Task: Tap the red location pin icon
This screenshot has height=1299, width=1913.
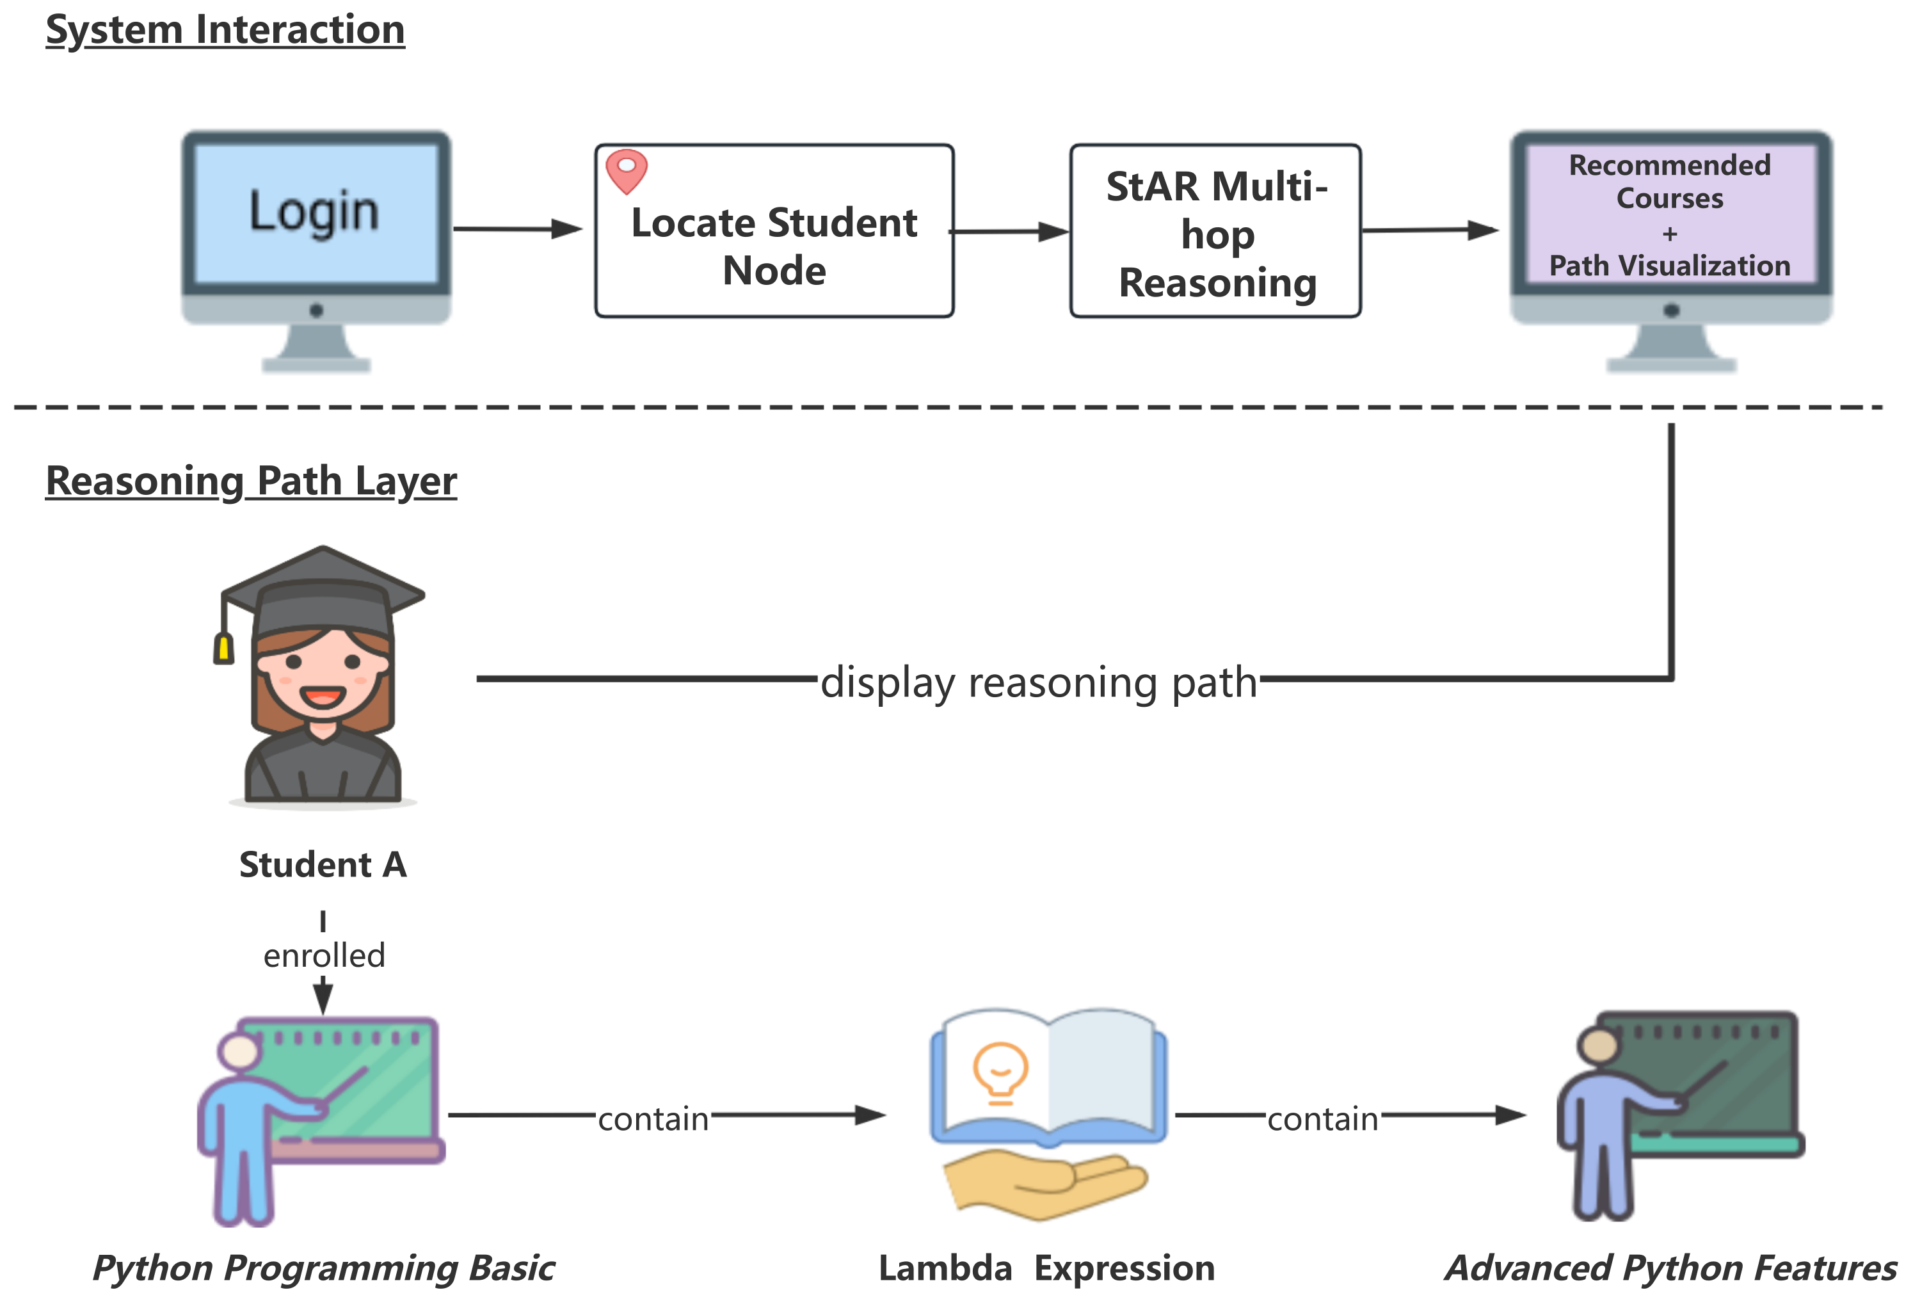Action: tap(627, 170)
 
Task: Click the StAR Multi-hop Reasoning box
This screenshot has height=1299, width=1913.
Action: tap(1216, 234)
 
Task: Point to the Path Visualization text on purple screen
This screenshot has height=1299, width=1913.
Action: tap(1669, 266)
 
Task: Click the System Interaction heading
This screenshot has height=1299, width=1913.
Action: tap(225, 31)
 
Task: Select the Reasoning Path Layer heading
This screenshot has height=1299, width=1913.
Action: tap(251, 481)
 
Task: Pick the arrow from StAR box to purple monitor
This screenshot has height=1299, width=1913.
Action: tap(1429, 230)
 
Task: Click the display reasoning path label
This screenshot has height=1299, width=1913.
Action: tap(1039, 682)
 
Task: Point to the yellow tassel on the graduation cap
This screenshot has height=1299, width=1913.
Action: tap(223, 649)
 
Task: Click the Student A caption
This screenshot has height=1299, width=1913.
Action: tap(323, 864)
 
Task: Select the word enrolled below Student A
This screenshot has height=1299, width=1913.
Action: tap(323, 956)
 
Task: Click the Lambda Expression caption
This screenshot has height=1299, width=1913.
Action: tap(1046, 1268)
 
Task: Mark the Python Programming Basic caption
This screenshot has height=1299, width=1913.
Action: tap(323, 1268)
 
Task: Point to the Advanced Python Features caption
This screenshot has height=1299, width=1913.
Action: tap(1671, 1268)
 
